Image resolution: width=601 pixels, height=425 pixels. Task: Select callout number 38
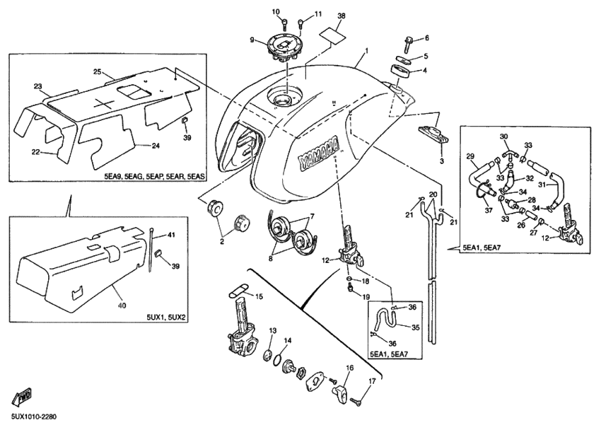[342, 16]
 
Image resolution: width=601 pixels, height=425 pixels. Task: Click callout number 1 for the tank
[366, 52]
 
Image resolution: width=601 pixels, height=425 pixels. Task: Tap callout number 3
[441, 161]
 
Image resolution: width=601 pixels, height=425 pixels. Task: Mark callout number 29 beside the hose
[469, 156]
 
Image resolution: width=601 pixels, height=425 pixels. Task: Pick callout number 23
[37, 86]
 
